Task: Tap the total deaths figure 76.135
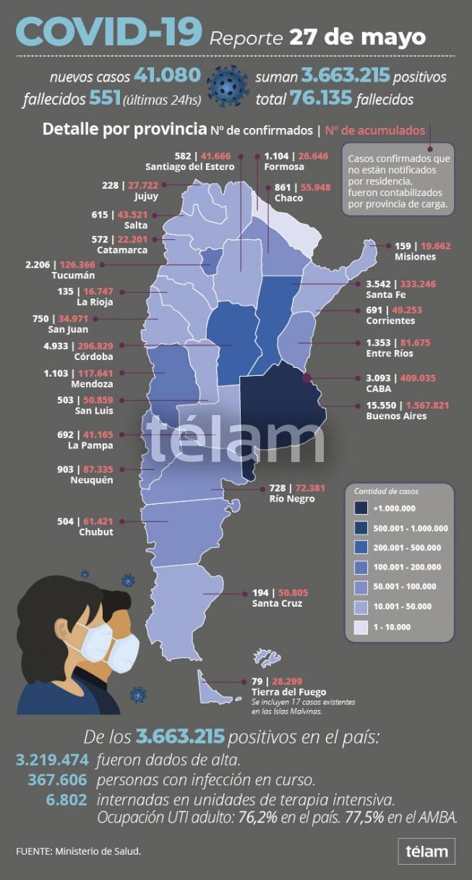321,98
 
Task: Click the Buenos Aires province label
396,416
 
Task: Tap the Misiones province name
415,257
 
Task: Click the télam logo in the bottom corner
426,851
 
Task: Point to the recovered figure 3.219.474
52,760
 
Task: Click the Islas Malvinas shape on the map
267,658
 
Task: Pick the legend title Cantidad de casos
386,491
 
